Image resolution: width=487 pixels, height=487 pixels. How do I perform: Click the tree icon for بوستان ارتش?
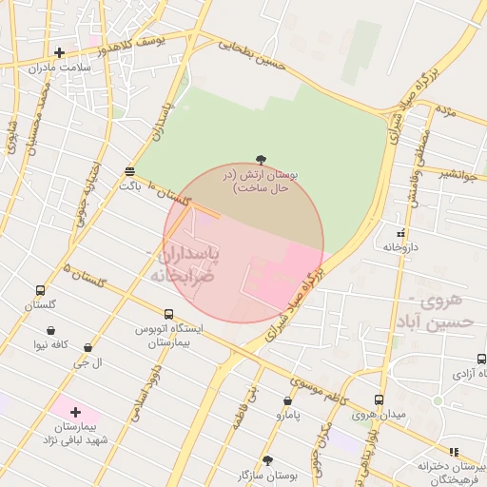(262, 162)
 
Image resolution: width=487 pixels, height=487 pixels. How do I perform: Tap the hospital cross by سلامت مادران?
(60, 52)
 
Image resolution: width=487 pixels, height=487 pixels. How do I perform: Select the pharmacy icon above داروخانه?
(401, 232)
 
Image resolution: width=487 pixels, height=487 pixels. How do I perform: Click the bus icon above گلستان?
(40, 290)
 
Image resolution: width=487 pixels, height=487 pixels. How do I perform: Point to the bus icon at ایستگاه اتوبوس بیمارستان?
(168, 314)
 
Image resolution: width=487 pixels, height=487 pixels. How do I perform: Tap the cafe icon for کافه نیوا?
(49, 331)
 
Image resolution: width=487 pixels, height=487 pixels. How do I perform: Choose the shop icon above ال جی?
(88, 348)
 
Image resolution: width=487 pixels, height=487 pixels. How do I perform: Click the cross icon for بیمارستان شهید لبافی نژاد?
(75, 412)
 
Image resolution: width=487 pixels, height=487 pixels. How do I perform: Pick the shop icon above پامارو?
(288, 401)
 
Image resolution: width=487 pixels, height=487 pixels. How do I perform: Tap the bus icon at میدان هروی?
(379, 400)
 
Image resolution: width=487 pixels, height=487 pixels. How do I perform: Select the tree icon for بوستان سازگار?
(267, 459)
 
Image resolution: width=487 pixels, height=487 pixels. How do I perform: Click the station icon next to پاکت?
(128, 171)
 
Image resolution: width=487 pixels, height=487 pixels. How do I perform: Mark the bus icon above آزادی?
(481, 359)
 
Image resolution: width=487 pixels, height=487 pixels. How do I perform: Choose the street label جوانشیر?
(458, 173)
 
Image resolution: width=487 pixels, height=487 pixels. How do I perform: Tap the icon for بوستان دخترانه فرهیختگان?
(454, 452)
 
